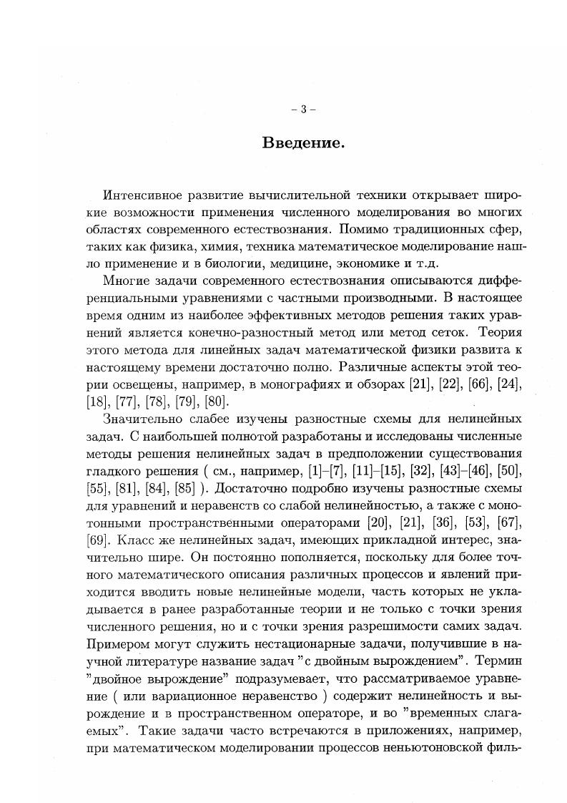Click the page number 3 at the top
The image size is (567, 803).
[x=303, y=109]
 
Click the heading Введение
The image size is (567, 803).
[x=303, y=143]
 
